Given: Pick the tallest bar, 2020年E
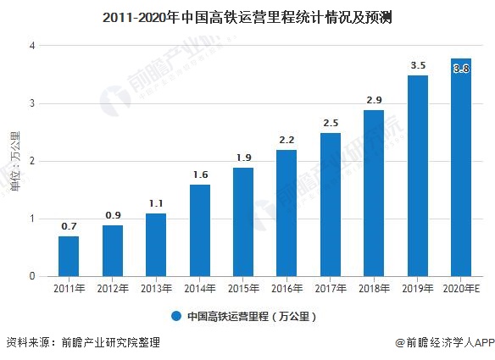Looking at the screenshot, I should pyautogui.click(x=461, y=169).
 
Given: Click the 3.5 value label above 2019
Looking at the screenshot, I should pyautogui.click(x=418, y=64).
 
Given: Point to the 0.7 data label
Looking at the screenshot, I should pyautogui.click(x=70, y=225).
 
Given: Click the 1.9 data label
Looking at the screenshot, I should pyautogui.click(x=243, y=157).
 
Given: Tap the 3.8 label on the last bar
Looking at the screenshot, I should pyautogui.click(x=462, y=69).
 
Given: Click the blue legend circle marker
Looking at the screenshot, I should pyautogui.click(x=175, y=317).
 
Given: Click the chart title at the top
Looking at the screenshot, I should pyautogui.click(x=247, y=16).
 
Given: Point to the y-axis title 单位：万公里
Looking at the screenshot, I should pyautogui.click(x=15, y=160).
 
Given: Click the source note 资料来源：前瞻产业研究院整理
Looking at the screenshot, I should pyautogui.click(x=82, y=343).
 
